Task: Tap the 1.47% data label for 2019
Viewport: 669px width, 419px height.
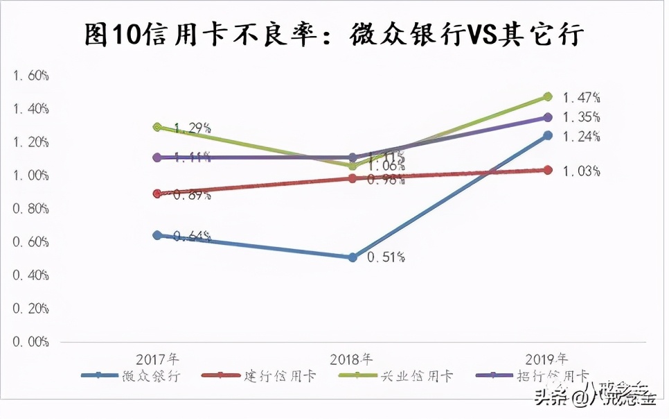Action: (580, 97)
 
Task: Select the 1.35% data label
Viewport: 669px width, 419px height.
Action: (580, 117)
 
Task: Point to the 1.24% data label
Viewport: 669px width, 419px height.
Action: (580, 136)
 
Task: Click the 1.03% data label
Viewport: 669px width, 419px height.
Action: (580, 171)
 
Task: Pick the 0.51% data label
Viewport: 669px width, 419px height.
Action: (386, 257)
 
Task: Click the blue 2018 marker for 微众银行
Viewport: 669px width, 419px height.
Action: (353, 257)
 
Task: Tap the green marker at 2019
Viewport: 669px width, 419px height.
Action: (547, 96)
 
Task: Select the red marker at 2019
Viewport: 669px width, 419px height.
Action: (547, 170)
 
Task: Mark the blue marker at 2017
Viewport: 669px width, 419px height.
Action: (157, 235)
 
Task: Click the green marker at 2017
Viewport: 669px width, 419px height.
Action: (157, 127)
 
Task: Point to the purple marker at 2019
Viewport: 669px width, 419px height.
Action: (547, 117)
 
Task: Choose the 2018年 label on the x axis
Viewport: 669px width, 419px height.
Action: (351, 359)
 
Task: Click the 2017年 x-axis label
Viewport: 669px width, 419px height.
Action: (157, 359)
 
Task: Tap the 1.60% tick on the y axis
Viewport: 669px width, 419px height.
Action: (30, 75)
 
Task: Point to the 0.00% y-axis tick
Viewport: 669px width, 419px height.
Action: (30, 342)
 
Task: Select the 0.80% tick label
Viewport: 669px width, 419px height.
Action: (30, 209)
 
